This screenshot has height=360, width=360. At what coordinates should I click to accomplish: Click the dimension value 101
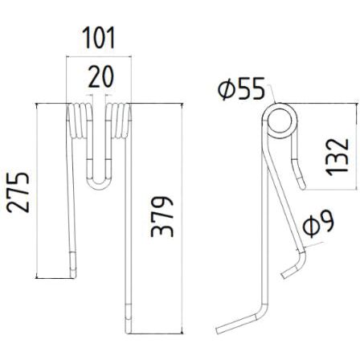point(99,38)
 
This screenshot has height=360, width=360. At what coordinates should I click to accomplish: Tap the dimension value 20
point(100,76)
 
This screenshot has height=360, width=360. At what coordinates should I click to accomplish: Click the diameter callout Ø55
point(241,89)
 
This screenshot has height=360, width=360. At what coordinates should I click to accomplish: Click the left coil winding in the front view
point(77,121)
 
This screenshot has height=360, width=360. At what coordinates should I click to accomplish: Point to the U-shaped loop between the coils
point(98,182)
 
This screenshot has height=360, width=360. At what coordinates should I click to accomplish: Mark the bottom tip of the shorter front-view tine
point(73,272)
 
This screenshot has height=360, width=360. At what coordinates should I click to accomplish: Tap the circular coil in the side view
point(280,122)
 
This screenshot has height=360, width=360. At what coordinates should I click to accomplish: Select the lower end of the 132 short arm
point(302,186)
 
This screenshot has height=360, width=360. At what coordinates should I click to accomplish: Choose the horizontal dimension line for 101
point(98,55)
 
